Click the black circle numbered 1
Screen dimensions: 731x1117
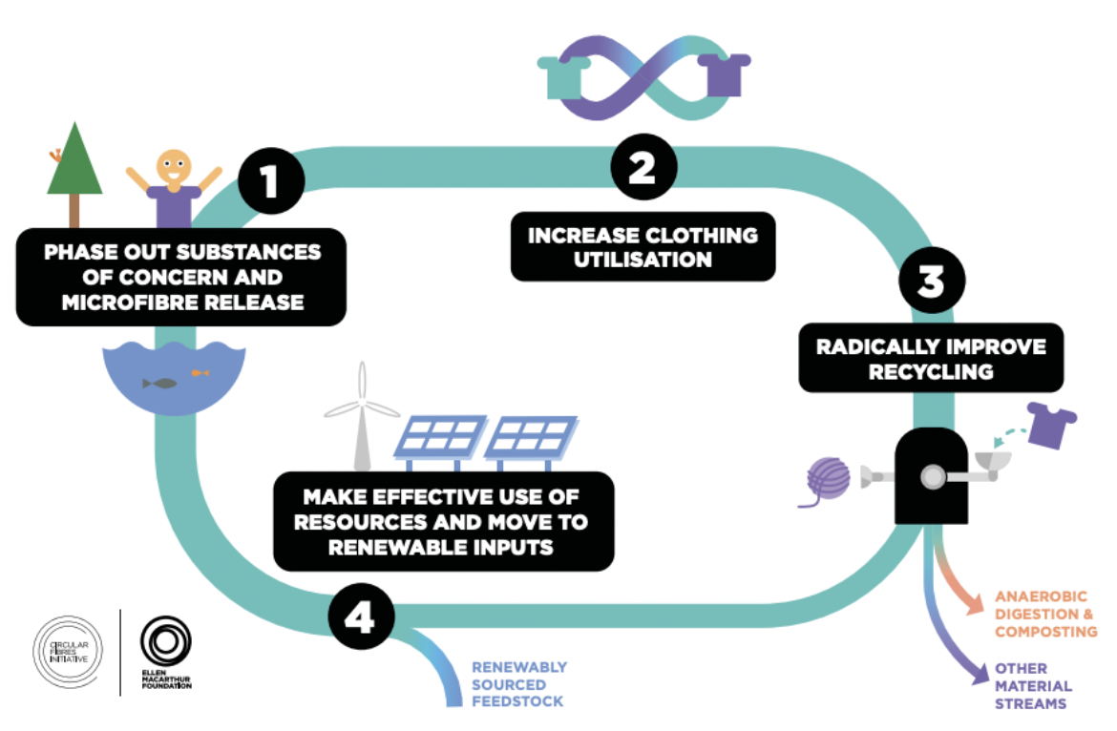pos(270,178)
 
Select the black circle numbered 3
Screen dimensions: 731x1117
pos(932,282)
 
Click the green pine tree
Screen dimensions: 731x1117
pos(74,162)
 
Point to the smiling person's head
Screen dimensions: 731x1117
pos(174,168)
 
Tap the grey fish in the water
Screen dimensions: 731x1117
pos(159,384)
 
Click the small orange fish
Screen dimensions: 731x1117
pos(200,372)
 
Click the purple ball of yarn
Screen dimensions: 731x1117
pos(828,479)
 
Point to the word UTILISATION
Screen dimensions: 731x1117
pos(642,260)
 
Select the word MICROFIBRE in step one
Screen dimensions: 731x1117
pos(122,303)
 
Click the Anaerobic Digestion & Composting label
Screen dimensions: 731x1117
pos(1045,614)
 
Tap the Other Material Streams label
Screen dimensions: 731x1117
pos(1033,686)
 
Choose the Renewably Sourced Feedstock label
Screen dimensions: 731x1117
pos(518,684)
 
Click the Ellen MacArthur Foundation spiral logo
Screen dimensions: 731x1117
pos(165,640)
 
